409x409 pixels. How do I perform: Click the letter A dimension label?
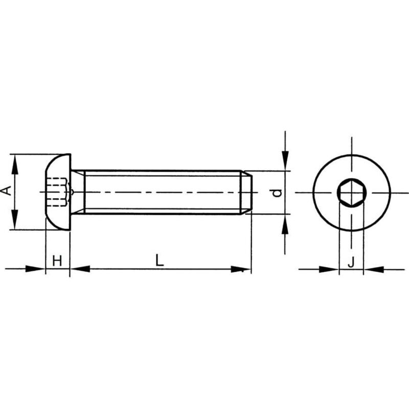coord(7,191)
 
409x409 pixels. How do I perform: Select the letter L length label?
coord(160,260)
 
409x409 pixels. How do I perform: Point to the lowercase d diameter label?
coord(277,193)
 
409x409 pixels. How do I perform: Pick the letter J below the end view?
coord(351,262)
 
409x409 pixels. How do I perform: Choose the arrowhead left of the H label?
coord(37,268)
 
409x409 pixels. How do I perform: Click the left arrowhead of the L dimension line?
coord(79,268)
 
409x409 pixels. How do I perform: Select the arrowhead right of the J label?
coord(373,268)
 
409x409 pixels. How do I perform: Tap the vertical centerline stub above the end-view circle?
coord(351,144)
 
